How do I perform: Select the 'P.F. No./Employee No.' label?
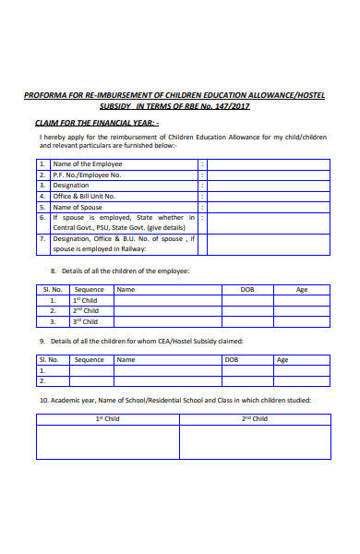tap(87, 175)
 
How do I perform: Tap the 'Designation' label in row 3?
tap(71, 186)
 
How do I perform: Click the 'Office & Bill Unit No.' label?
tap(84, 197)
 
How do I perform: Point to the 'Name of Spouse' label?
tap(77, 208)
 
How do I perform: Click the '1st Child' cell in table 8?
tap(86, 300)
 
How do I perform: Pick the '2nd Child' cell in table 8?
tap(86, 311)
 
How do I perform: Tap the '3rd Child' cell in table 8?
tap(86, 322)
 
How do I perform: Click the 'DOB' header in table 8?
tap(247, 289)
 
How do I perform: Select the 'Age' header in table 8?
tap(302, 289)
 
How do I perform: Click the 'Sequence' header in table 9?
tap(90, 360)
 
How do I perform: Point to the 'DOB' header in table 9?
tap(232, 360)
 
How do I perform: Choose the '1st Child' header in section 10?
tap(108, 418)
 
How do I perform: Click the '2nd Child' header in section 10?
tap(255, 418)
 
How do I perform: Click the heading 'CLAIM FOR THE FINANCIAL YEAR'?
tap(96, 122)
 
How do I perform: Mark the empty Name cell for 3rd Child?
tap(167, 322)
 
